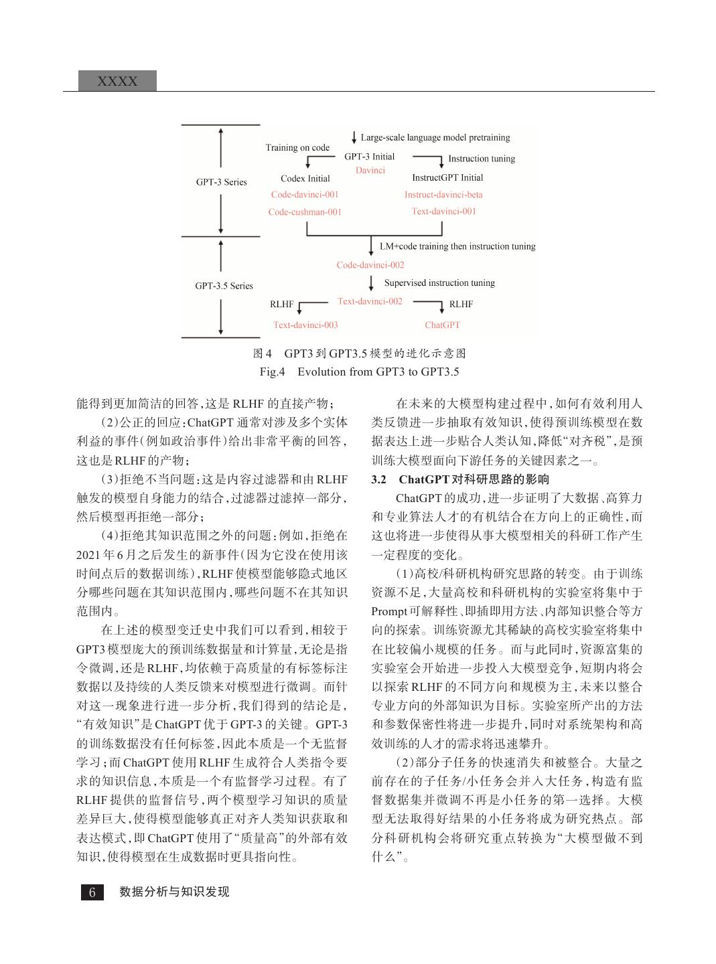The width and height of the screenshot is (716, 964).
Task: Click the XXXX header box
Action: tap(118, 81)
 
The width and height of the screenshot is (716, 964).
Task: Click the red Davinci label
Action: tap(370, 171)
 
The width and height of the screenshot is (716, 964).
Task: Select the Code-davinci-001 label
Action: tap(305, 195)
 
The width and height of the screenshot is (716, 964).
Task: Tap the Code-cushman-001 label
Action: tap(305, 212)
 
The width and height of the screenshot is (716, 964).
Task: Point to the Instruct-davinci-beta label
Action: tap(443, 195)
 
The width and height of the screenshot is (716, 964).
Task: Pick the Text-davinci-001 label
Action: tap(443, 212)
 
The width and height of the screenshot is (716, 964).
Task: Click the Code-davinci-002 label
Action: tap(370, 265)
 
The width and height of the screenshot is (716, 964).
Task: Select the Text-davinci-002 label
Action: tap(370, 301)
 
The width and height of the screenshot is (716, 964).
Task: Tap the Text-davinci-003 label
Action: tap(305, 325)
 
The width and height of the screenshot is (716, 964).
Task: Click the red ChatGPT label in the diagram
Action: tap(443, 325)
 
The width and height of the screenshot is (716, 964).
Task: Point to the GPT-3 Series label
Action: tap(221, 182)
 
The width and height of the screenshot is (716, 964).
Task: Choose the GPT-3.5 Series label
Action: tap(224, 286)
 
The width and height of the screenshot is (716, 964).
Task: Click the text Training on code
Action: tap(297, 148)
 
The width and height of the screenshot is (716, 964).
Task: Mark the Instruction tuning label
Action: tap(482, 159)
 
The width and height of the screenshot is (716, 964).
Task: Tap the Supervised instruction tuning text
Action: tap(439, 283)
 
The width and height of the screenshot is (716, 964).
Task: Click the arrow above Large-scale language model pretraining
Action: tap(354, 137)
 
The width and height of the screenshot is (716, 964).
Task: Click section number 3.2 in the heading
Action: tap(379, 479)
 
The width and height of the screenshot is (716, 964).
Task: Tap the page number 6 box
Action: tap(92, 892)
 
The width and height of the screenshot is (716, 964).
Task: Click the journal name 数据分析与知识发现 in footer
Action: tap(174, 892)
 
